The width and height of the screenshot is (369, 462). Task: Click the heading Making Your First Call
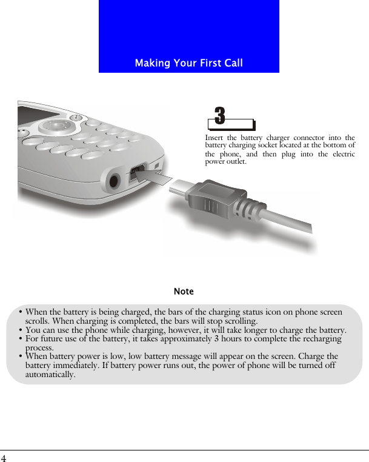pyautogui.click(x=188, y=63)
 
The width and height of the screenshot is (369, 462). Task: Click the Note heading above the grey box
pyautogui.click(x=184, y=292)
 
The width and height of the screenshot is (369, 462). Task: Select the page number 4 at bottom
pyautogui.click(x=4, y=458)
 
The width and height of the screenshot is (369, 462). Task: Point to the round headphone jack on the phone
pyautogui.click(x=113, y=181)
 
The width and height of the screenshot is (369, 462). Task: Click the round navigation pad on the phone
pyautogui.click(x=54, y=126)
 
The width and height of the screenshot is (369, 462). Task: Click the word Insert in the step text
pyautogui.click(x=214, y=138)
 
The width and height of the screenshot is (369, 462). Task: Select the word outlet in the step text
pyautogui.click(x=236, y=162)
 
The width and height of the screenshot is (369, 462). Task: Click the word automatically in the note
pyautogui.click(x=50, y=375)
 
